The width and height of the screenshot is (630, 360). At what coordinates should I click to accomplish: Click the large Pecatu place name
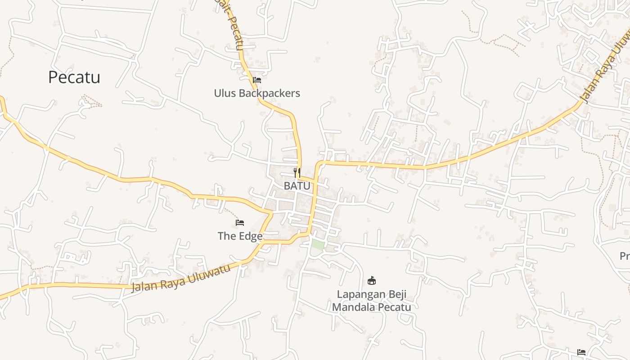pos(74,77)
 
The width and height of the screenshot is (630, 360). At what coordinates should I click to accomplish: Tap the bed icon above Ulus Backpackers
pos(257,80)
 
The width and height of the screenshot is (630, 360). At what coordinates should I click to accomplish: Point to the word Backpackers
pos(269,93)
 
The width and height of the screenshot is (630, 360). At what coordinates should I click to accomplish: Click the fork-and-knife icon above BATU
pos(297,172)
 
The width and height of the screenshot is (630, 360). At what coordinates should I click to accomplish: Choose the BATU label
pos(297,185)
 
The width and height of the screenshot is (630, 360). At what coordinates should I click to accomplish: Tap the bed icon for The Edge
pos(240,223)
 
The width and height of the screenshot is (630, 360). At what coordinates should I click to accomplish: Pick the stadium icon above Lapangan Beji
pos(372,281)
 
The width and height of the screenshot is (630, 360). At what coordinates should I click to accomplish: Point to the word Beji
pos(397,294)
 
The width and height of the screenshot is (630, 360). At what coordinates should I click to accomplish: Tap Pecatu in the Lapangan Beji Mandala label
pos(395,307)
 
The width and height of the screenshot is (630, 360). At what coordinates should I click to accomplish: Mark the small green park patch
pos(318,245)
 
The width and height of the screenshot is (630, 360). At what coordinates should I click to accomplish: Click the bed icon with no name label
pos(581,352)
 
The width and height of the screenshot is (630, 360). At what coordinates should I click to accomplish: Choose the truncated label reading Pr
pos(625,256)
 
